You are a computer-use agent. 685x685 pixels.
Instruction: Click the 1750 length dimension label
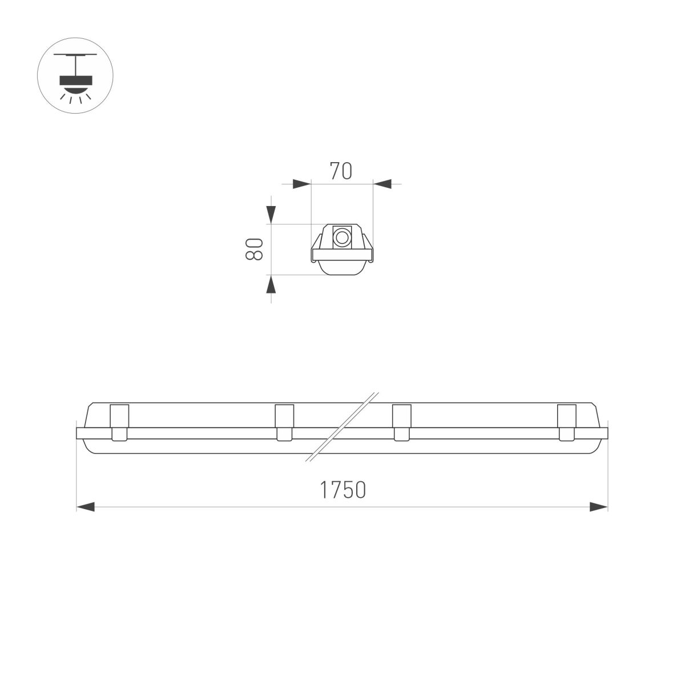pyautogui.click(x=342, y=490)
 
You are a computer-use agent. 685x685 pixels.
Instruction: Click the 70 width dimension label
pyautogui.click(x=341, y=171)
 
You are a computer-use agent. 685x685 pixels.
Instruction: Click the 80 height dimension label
pyautogui.click(x=253, y=249)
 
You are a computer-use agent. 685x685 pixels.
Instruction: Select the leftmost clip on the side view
pyautogui.click(x=119, y=422)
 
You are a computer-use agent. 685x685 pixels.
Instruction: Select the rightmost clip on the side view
pyautogui.click(x=566, y=422)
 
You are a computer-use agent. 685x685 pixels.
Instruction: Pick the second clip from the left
pyautogui.click(x=284, y=422)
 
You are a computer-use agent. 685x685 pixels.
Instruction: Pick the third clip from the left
pyautogui.click(x=402, y=422)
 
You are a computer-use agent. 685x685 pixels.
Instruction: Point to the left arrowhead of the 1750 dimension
pyautogui.click(x=86, y=506)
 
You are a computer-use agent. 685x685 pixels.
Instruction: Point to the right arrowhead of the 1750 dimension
pyautogui.click(x=598, y=506)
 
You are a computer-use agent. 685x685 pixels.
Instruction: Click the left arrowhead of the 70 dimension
pyautogui.click(x=301, y=184)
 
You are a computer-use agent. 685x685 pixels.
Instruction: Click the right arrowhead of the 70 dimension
pyautogui.click(x=382, y=184)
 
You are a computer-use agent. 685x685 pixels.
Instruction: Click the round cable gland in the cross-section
pyautogui.click(x=342, y=237)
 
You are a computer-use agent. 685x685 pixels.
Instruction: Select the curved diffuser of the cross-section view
pyautogui.click(x=342, y=269)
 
